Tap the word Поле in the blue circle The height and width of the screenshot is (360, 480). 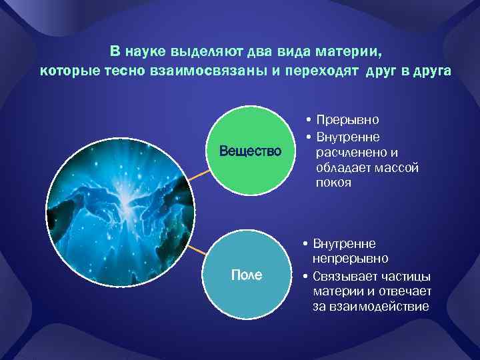pos(246,275)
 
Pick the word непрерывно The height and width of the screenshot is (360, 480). pos(351,259)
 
